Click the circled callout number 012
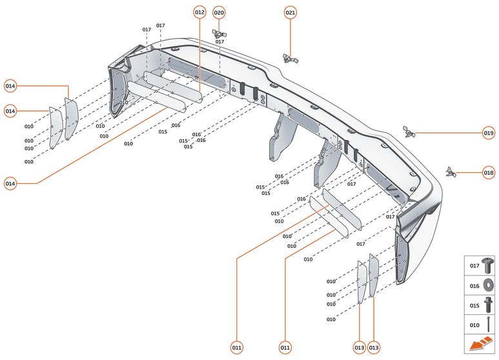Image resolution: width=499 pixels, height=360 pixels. [199, 12]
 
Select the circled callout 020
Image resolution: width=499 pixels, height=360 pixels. [219, 12]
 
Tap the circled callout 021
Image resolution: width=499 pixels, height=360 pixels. [290, 12]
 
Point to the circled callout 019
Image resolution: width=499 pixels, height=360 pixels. [489, 133]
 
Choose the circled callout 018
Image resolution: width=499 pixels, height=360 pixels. [489, 172]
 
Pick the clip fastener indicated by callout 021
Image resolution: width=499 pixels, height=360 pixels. [289, 59]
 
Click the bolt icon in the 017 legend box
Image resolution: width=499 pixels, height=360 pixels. [489, 265]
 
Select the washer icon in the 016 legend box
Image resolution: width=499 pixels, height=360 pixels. [489, 285]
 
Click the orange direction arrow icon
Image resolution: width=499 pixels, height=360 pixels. [480, 345]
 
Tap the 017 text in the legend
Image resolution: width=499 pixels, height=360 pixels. [474, 265]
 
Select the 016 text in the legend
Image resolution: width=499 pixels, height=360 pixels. [474, 285]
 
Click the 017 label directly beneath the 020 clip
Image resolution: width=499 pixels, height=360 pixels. [219, 42]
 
